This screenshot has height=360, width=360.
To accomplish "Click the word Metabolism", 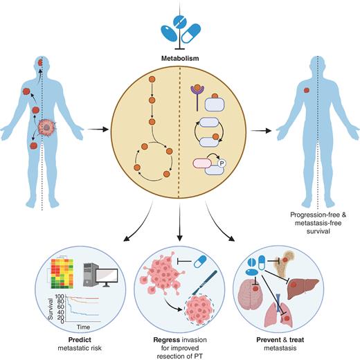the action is point(180,58).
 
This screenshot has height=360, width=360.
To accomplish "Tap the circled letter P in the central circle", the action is point(222,163).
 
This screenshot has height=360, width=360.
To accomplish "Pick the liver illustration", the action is point(303,287).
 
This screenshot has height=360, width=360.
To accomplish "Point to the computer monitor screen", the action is point(107,276).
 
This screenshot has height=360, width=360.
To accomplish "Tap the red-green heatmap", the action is point(62,273).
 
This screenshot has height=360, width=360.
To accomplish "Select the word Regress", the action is point(167,340).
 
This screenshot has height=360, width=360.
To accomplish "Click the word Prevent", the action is point(269,340).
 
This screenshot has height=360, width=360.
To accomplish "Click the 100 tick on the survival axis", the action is point(60,297).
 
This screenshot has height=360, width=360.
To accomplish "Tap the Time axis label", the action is point(83,327).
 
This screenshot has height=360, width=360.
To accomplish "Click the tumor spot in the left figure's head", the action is point(40,62).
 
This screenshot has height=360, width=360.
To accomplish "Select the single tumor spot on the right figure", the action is point(307,90).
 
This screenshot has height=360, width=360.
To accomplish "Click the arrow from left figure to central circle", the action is point(98,129).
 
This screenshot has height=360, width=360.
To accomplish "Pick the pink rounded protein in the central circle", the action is point(202,163).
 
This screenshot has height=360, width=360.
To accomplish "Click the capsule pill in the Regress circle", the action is point(200,262).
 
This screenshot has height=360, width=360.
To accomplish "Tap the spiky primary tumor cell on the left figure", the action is point(47,127).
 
